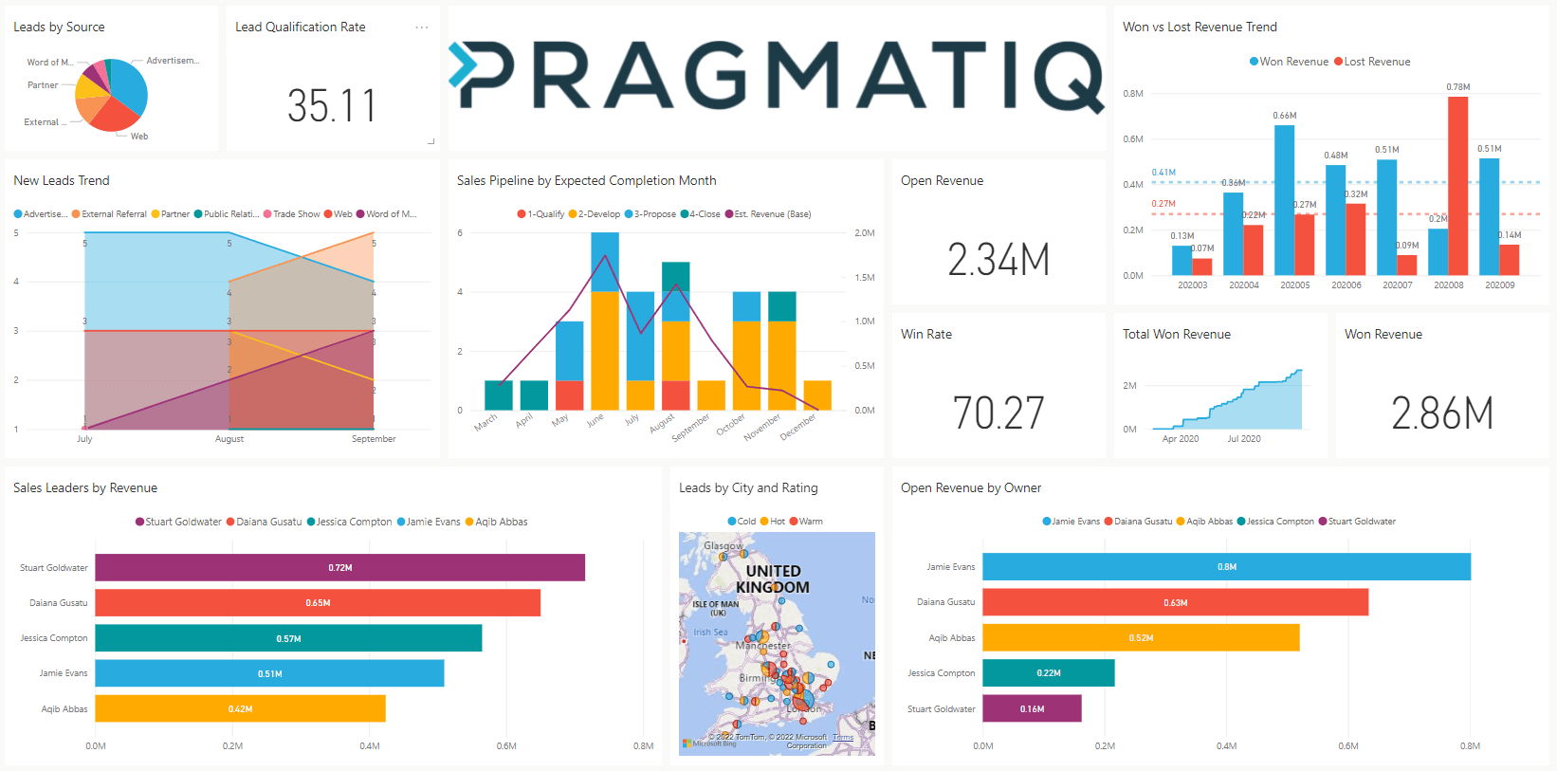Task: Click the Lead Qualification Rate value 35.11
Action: (332, 106)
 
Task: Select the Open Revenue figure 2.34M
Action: (998, 260)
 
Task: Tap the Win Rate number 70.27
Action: (998, 413)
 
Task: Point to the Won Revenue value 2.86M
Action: (1442, 413)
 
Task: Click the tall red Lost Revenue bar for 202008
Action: (1457, 185)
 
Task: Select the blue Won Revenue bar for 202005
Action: (1285, 199)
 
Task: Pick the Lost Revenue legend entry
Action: (1376, 62)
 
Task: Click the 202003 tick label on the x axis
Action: (1192, 285)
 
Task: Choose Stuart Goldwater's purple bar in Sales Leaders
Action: (339, 567)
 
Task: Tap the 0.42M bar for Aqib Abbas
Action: (240, 708)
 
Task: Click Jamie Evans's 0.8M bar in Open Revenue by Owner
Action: (1226, 567)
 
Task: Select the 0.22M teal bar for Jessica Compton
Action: (1048, 673)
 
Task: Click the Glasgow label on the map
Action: (723, 546)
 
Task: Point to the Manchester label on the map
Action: (763, 646)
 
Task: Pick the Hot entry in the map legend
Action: (777, 522)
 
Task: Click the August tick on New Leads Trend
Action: (229, 439)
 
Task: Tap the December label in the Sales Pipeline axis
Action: (798, 427)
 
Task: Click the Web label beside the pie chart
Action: (139, 137)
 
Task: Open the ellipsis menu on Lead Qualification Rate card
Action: (422, 28)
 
